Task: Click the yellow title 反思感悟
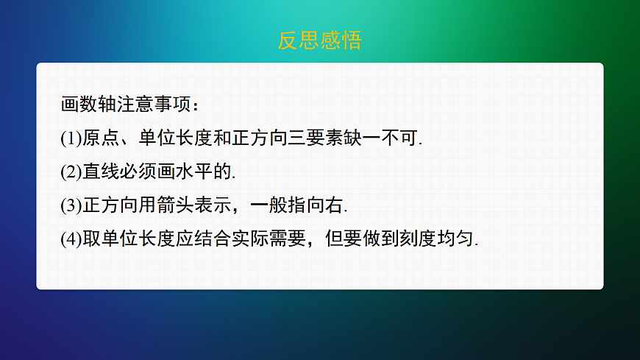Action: [x=319, y=40]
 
